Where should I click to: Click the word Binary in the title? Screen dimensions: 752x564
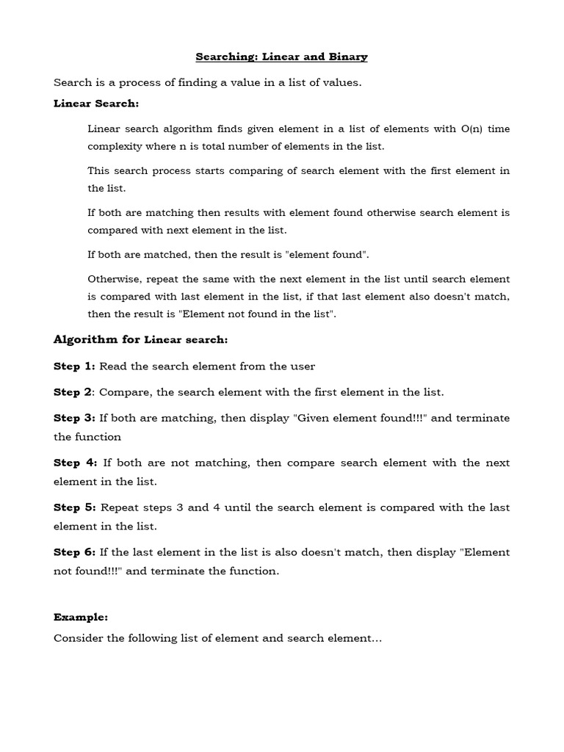[347, 57]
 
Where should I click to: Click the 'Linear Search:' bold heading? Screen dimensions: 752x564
[96, 104]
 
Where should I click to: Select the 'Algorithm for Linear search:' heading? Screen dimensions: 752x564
[141, 339]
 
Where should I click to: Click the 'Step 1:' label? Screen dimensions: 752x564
[74, 366]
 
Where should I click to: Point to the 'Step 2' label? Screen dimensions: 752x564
[72, 392]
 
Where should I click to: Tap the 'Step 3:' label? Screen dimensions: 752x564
[74, 418]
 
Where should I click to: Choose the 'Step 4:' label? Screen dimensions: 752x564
[75, 463]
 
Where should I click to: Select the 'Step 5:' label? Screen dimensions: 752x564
[74, 507]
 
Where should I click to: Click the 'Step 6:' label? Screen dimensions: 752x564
[74, 552]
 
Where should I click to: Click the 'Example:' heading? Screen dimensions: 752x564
[81, 618]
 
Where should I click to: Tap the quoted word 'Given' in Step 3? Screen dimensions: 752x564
[314, 418]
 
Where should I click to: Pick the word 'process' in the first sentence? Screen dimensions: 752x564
[137, 83]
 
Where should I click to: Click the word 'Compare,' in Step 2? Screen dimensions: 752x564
[126, 392]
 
